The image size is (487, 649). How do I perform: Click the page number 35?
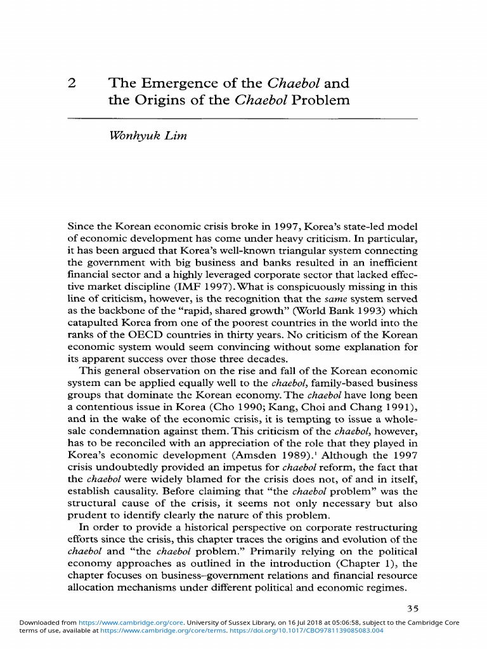click(x=413, y=608)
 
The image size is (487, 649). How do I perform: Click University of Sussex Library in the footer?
click(x=202, y=622)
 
